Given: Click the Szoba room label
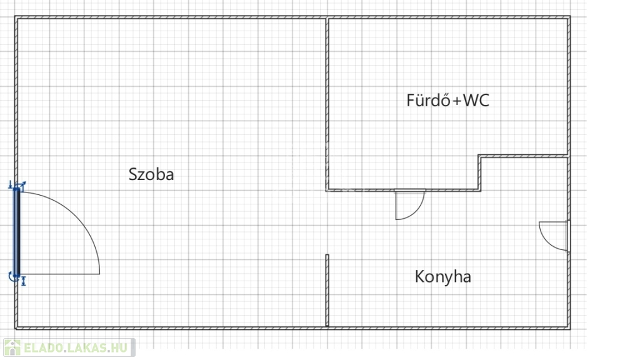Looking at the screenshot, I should click(x=151, y=174).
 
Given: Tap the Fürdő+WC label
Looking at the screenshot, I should click(x=447, y=100).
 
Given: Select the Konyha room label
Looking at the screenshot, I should click(x=442, y=277).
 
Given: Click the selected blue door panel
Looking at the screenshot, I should click(x=17, y=232).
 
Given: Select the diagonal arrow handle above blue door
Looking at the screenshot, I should click(x=22, y=185).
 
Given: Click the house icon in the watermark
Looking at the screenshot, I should click(x=12, y=347).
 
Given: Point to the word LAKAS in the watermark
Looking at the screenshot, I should click(x=89, y=347).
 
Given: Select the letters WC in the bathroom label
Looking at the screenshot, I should click(x=476, y=100).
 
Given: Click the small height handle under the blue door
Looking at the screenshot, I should click(x=24, y=282).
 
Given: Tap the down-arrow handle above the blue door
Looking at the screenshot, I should click(x=10, y=184).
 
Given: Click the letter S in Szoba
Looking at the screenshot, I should click(x=132, y=174).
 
